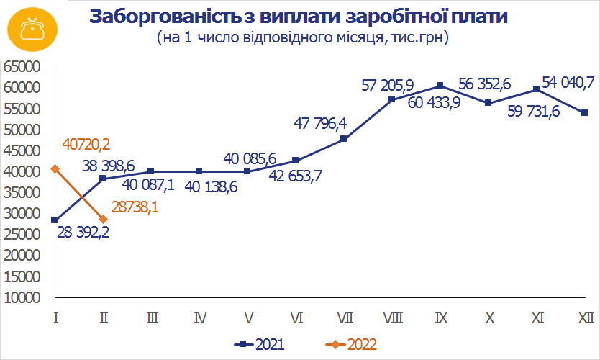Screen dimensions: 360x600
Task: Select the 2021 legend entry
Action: (x=261, y=344)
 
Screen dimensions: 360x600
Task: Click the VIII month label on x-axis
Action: (x=392, y=318)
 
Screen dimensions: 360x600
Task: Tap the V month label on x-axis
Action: (x=247, y=318)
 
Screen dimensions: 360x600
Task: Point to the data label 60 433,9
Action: (x=435, y=103)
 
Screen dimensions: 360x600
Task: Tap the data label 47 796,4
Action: (x=321, y=123)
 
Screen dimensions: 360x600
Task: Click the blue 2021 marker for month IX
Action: (x=440, y=86)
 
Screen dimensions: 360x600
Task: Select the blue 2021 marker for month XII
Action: (x=584, y=113)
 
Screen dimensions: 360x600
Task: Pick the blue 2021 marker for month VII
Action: (x=343, y=138)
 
